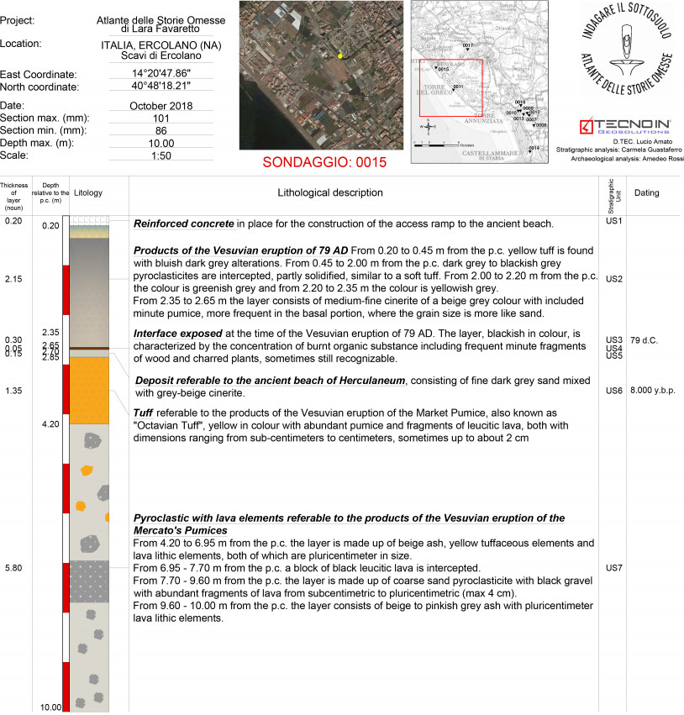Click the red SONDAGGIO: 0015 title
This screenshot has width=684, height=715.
coord(324,163)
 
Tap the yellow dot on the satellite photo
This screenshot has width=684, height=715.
coord(340,55)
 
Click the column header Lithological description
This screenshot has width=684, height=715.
coord(330,193)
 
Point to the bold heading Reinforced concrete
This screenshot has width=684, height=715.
coord(184,223)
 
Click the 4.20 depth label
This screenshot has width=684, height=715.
coord(50,424)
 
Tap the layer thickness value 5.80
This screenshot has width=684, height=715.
coord(13,569)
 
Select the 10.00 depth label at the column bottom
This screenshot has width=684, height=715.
coord(50,707)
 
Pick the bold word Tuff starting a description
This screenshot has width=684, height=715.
coord(144,414)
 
